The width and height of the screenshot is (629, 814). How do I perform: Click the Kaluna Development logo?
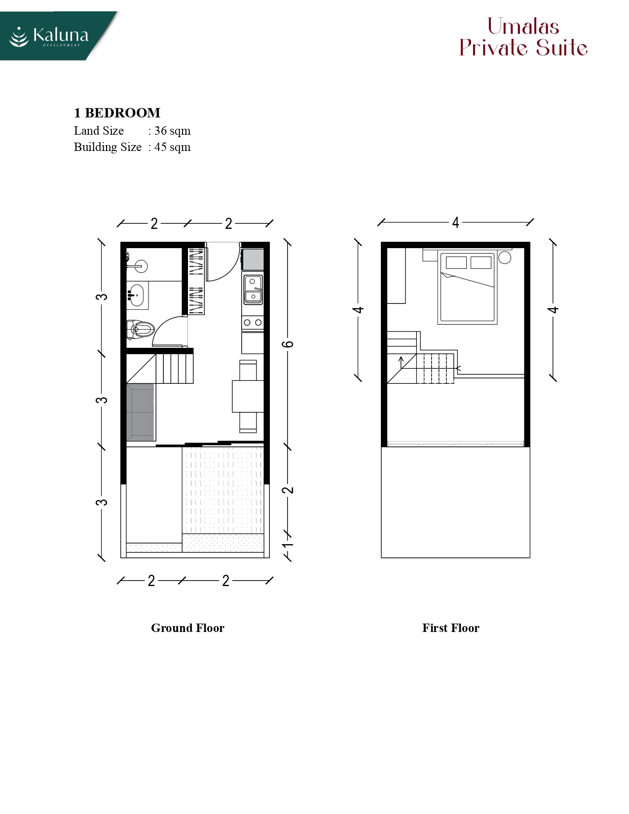pos(49,37)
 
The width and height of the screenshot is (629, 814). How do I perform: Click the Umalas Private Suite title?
pos(523,37)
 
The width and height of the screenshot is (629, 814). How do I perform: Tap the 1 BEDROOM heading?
pos(117,113)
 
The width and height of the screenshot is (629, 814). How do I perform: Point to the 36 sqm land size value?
pos(172,131)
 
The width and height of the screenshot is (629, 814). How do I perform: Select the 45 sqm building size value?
pos(172,147)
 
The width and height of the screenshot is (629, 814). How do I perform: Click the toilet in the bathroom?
pos(141,329)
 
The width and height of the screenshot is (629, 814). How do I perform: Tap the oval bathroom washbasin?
pos(136,295)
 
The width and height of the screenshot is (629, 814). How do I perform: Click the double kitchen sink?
pos(253,289)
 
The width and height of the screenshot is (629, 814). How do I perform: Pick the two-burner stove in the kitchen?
pos(253,323)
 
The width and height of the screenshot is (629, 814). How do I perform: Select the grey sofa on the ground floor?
pos(141,412)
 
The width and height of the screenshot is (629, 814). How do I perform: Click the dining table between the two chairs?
pos(248,396)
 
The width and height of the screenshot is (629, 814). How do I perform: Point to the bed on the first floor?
pos(467,288)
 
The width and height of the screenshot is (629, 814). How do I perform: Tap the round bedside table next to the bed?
pos(505,258)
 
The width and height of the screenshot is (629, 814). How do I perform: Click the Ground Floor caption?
pos(187,628)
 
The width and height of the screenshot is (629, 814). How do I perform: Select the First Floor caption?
pos(451,628)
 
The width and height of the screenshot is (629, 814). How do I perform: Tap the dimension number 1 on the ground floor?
pos(288,544)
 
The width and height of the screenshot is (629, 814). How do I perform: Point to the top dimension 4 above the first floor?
pos(455,223)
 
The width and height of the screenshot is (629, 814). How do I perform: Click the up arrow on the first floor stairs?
pos(401,362)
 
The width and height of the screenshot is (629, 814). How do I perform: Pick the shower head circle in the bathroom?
pos(142,266)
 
